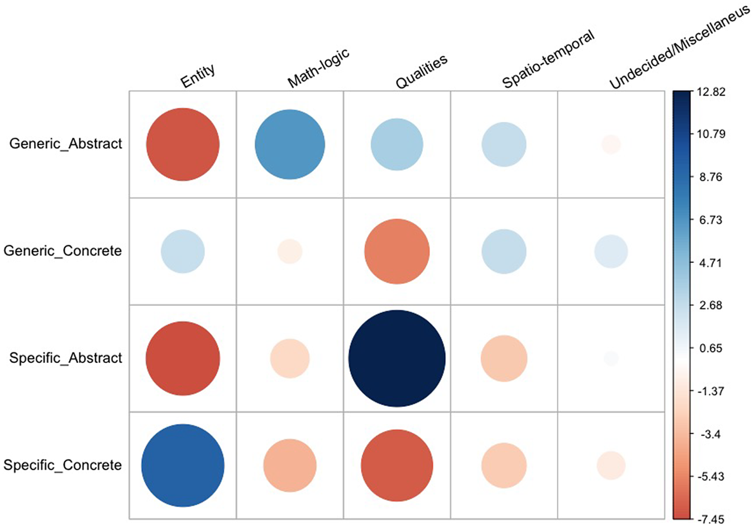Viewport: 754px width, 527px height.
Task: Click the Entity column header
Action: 198,76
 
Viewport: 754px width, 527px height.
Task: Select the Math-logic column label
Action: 318,68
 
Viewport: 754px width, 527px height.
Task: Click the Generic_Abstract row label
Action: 66,144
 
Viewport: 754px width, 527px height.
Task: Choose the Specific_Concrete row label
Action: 63,466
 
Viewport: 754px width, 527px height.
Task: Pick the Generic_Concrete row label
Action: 63,251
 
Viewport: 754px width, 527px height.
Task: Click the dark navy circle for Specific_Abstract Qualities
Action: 397,358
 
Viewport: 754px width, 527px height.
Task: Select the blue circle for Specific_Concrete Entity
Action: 183,466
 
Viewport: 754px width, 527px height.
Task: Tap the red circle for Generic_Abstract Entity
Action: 183,144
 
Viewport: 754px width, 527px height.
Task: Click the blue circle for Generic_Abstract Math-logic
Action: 290,144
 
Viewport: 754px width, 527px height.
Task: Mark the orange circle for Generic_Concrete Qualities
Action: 397,251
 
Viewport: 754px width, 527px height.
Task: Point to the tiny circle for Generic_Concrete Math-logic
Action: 290,251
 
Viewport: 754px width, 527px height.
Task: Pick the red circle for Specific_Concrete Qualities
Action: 397,466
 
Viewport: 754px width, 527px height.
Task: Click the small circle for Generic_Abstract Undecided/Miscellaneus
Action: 611,144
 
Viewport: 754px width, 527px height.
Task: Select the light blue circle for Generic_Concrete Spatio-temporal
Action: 504,251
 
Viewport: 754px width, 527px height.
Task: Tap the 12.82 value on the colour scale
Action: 711,92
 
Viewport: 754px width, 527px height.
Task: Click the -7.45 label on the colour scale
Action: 711,520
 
